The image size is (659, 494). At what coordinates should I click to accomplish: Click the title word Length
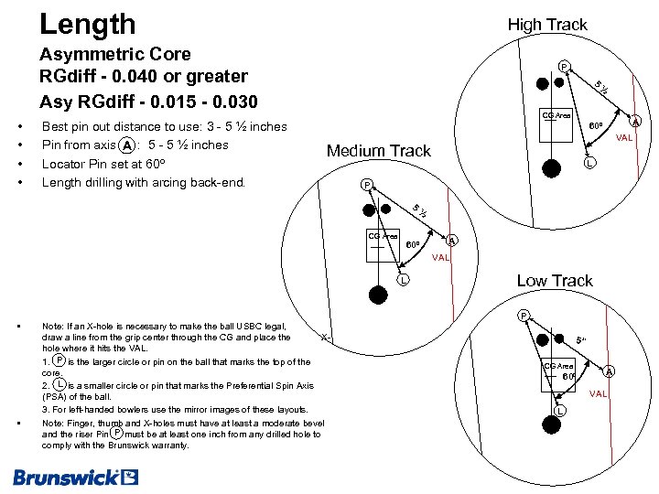click(x=88, y=24)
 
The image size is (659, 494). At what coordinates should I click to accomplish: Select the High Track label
click(x=547, y=25)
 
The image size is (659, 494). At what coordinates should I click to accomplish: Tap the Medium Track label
click(x=379, y=151)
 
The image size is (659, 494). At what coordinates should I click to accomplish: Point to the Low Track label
click(x=555, y=281)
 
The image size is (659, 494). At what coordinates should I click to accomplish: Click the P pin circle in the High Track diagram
click(x=565, y=65)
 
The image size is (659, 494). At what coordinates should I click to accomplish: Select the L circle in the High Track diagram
click(x=590, y=163)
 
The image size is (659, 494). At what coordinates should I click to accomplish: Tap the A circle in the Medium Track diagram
click(x=452, y=241)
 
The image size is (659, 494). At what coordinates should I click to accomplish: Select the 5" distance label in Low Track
click(x=581, y=340)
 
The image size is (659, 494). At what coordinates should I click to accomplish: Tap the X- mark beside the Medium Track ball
click(x=325, y=337)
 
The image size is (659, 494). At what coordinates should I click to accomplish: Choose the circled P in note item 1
click(x=59, y=360)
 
